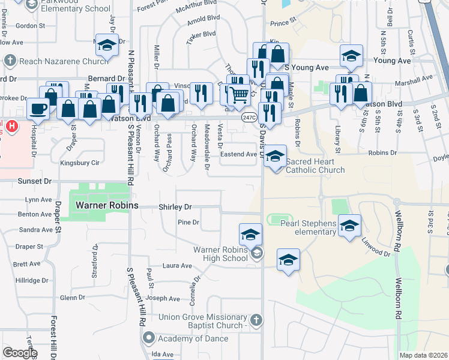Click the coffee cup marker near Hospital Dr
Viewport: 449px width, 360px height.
tap(39, 109)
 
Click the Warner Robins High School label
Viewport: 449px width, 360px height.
tap(220, 254)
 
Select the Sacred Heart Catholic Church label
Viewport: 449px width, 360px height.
tap(315, 166)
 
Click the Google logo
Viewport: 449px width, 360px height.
tap(20, 353)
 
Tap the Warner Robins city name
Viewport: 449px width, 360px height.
tap(107, 206)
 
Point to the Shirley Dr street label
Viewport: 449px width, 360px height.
tap(175, 207)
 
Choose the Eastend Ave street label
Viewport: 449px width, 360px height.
tap(239, 154)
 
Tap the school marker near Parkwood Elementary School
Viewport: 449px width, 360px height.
tap(107, 47)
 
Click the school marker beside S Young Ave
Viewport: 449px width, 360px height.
tap(351, 56)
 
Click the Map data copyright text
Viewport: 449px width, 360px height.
tap(423, 355)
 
